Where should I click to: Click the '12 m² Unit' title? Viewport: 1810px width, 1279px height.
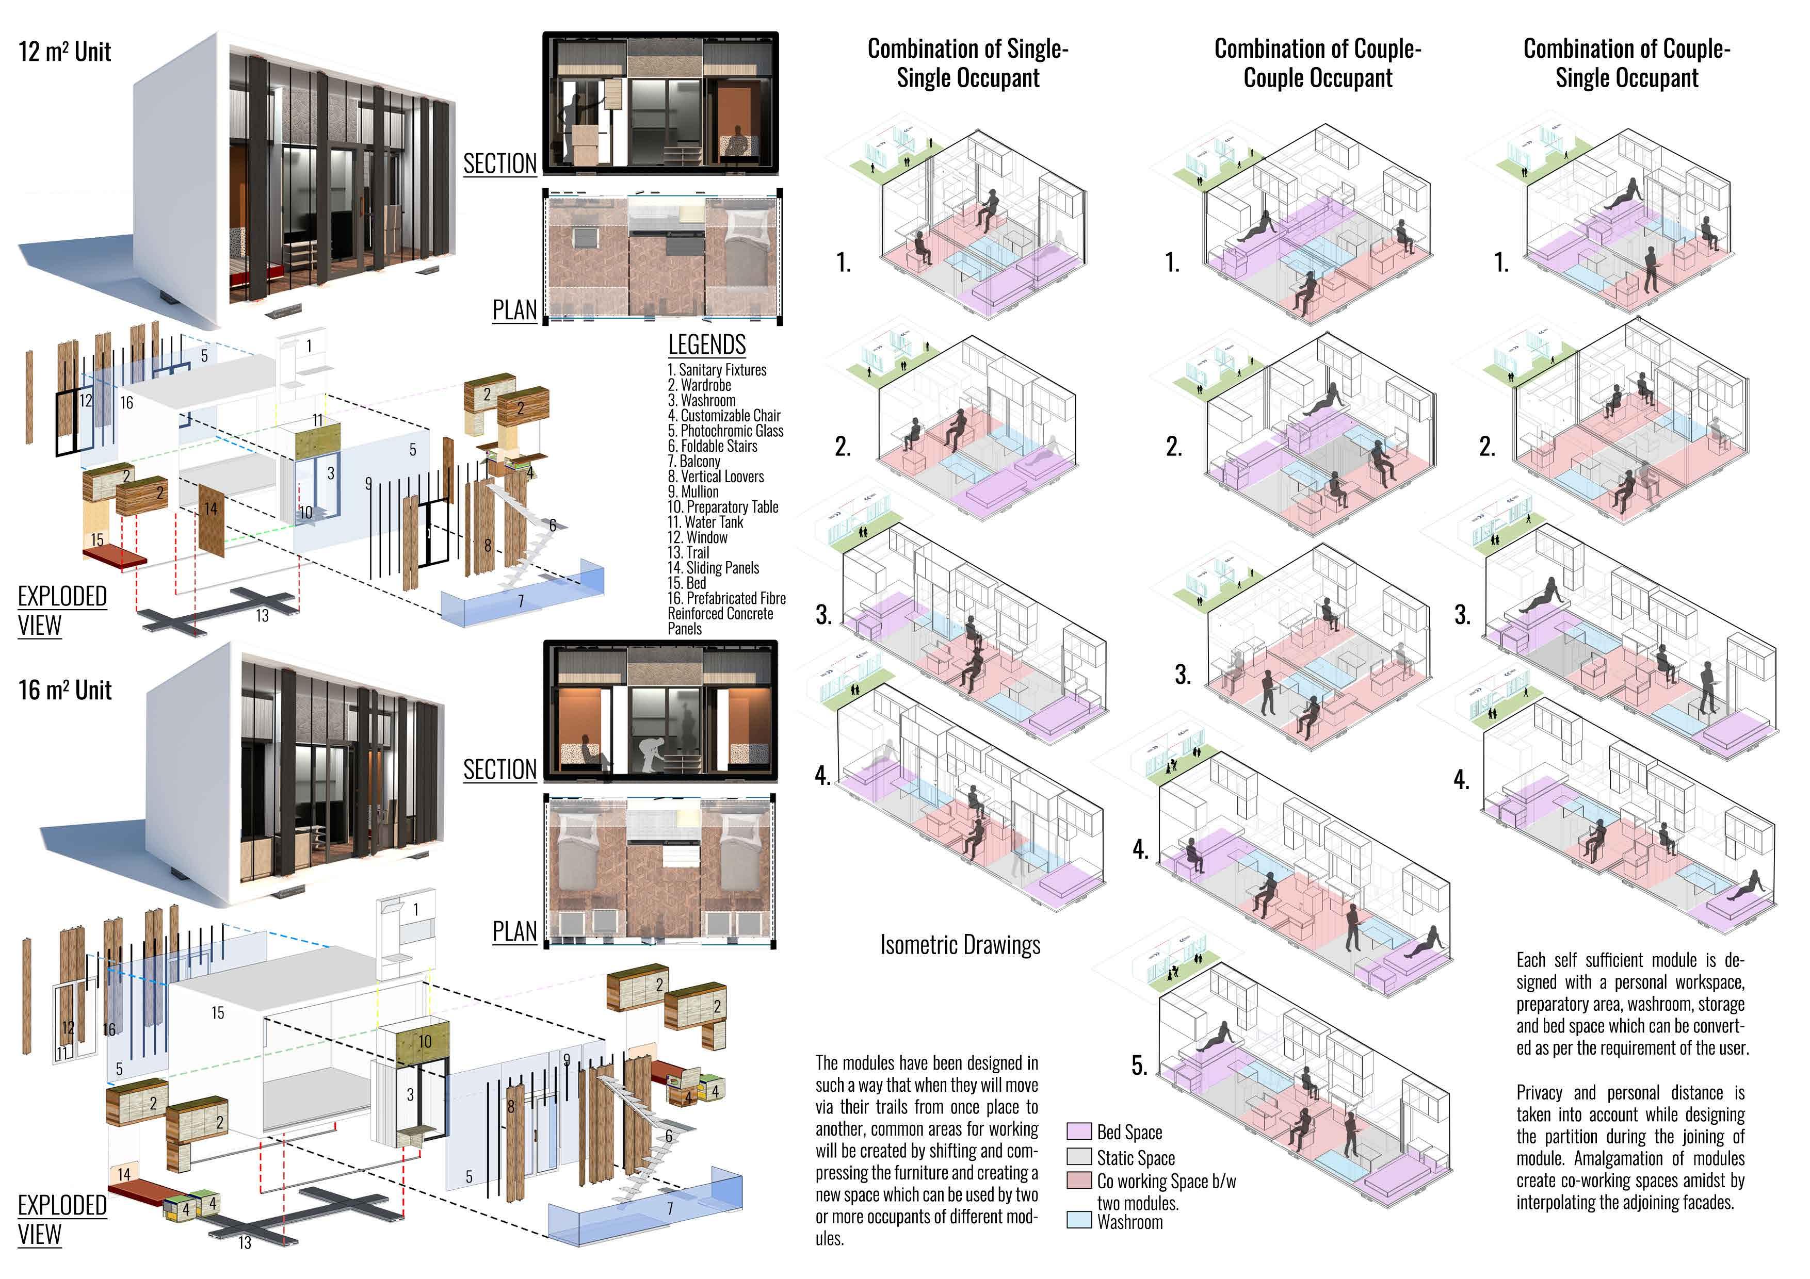64,52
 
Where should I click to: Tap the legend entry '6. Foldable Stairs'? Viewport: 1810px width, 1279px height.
712,446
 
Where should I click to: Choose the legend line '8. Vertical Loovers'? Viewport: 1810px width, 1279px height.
715,476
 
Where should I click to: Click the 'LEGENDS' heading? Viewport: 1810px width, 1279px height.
706,345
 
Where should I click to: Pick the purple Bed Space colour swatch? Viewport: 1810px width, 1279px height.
1078,1132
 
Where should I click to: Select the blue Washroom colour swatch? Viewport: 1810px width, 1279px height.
1078,1221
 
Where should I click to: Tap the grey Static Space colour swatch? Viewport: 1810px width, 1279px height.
1078,1157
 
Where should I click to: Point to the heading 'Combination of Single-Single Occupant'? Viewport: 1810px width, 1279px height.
967,63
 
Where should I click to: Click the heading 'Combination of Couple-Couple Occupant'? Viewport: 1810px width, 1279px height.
1317,63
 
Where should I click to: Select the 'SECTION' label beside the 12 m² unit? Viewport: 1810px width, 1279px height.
500,164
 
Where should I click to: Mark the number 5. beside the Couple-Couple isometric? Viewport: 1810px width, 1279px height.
1139,1065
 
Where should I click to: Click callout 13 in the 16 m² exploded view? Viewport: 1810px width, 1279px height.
245,1243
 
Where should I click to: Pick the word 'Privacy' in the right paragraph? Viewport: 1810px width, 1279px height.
1539,1093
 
